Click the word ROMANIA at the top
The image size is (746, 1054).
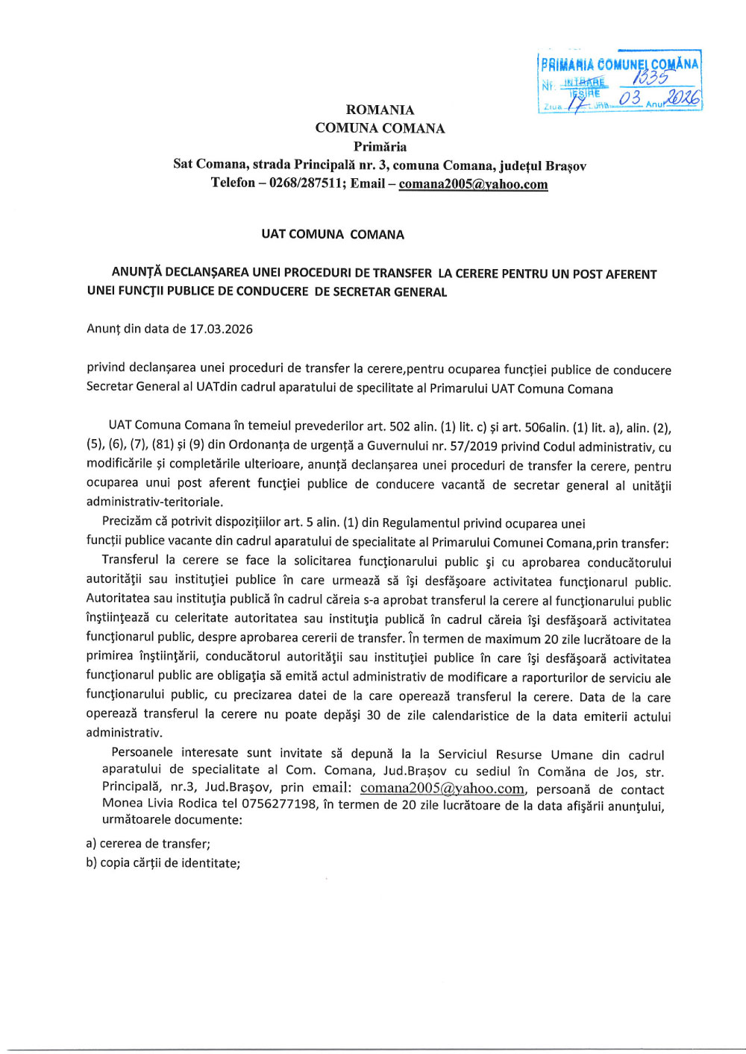pyautogui.click(x=380, y=110)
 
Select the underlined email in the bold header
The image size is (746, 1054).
pyautogui.click(x=473, y=184)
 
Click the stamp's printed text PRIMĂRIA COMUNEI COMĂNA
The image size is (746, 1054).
pyautogui.click(x=619, y=64)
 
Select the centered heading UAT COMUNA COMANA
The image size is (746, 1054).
pyautogui.click(x=333, y=234)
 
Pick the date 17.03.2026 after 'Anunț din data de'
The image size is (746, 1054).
pyautogui.click(x=221, y=329)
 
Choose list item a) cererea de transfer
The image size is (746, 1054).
pyautogui.click(x=148, y=843)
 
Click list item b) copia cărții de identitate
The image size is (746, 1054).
pyautogui.click(x=163, y=863)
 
